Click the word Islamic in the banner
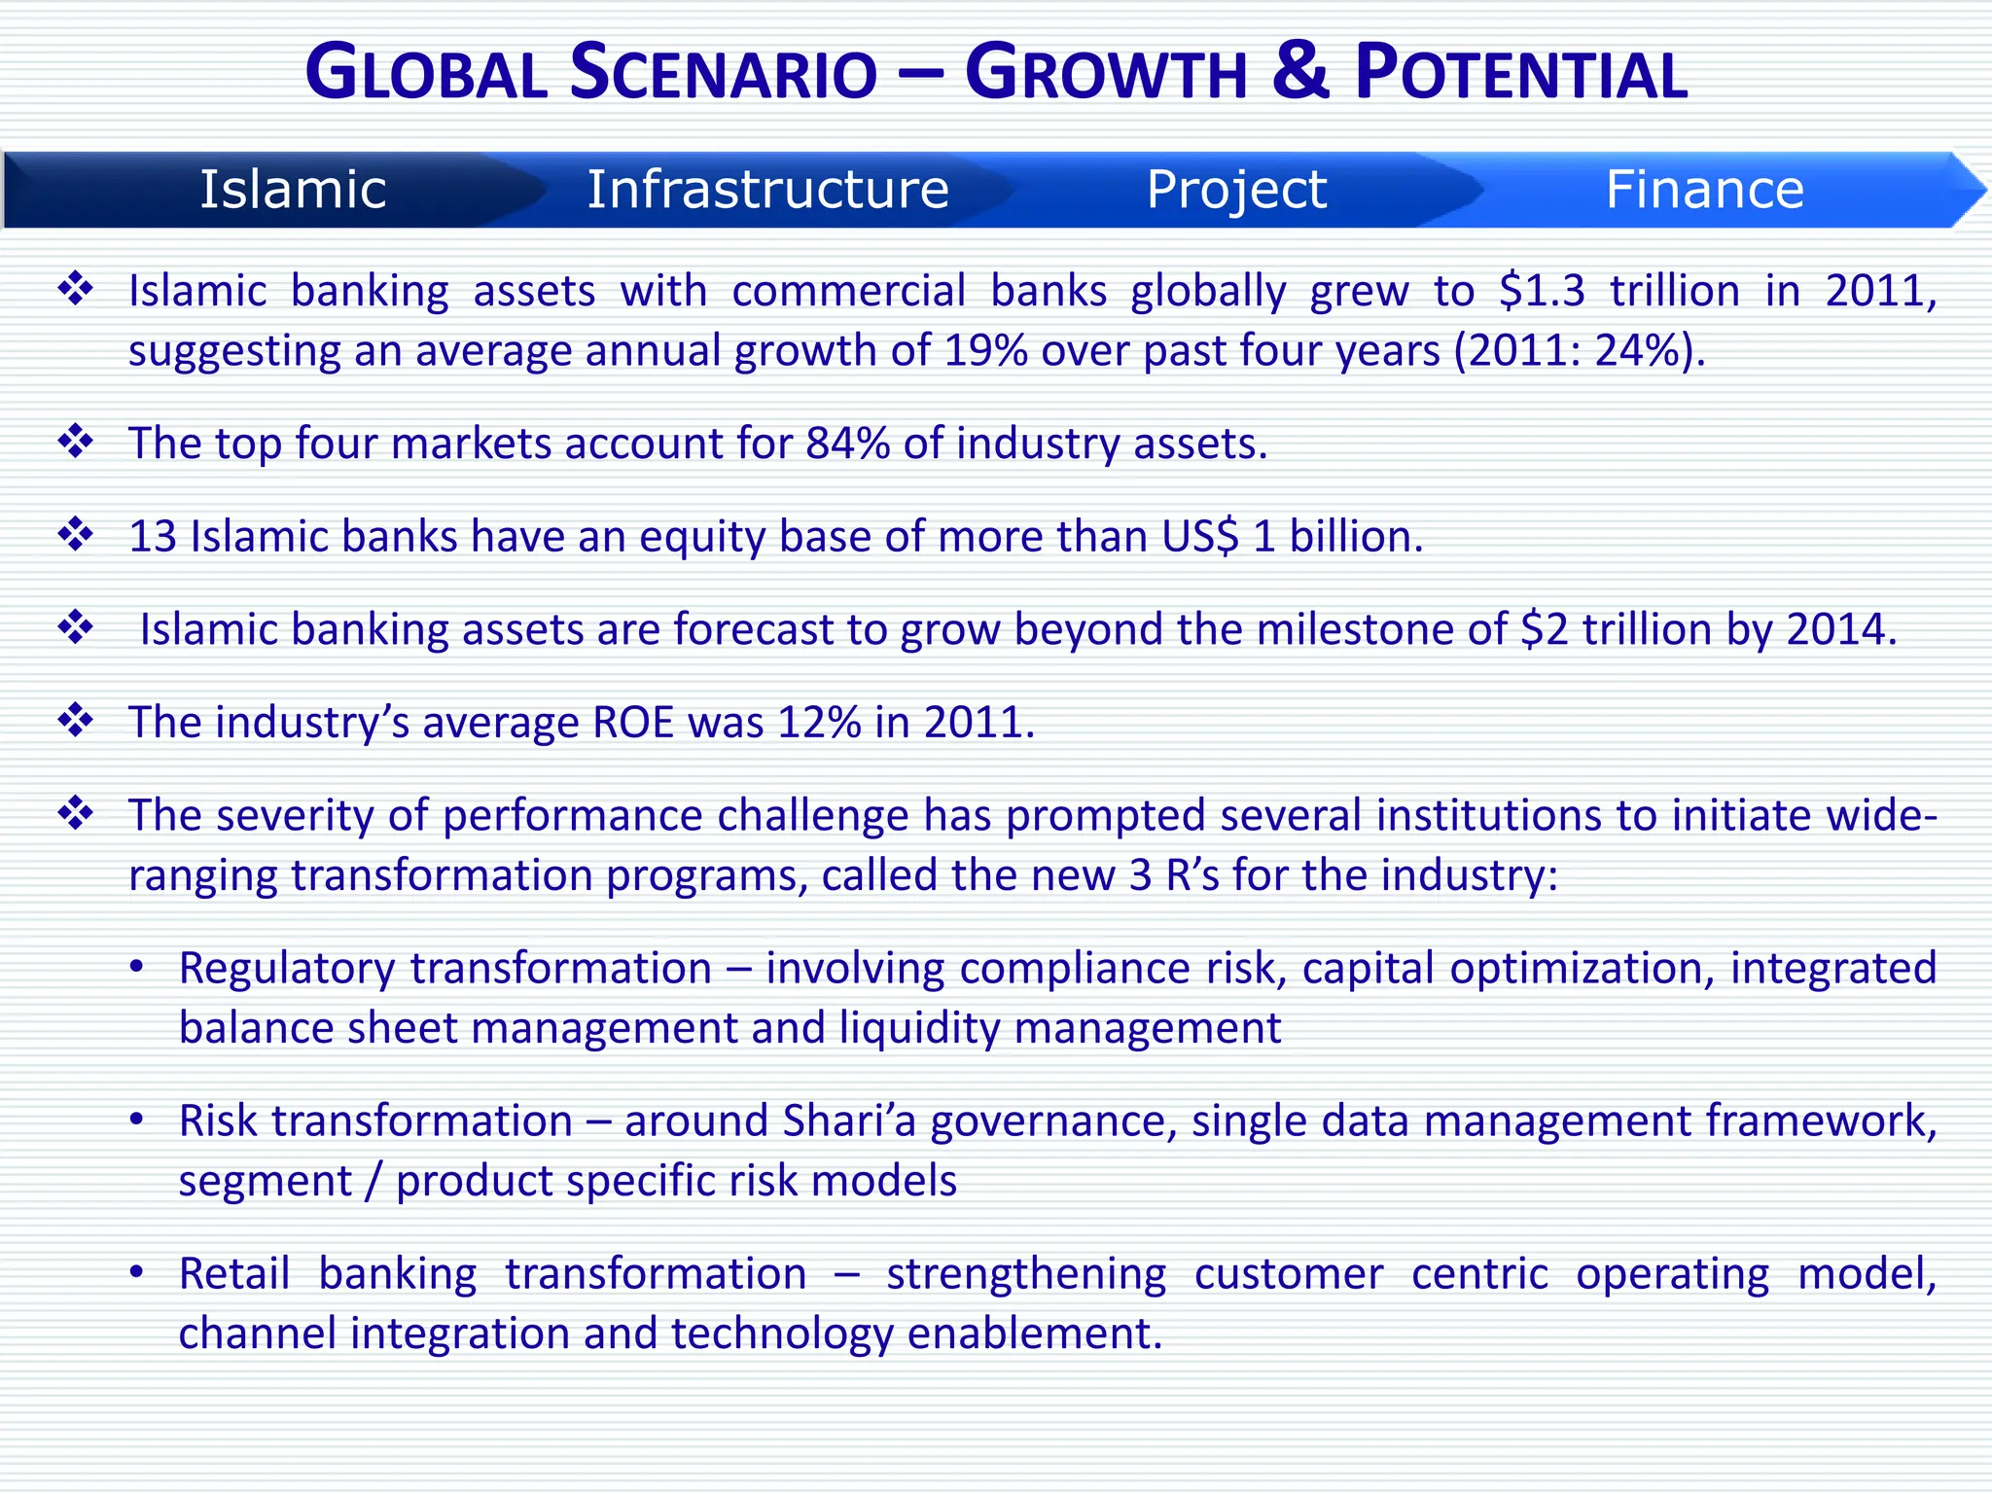pyautogui.click(x=293, y=189)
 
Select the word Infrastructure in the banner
pyautogui.click(x=767, y=189)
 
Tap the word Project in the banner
pyautogui.click(x=1236, y=189)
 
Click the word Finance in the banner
pyautogui.click(x=1704, y=189)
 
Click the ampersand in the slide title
pyautogui.click(x=1299, y=72)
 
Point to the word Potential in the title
pyautogui.click(x=1521, y=74)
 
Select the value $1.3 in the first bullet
pyautogui.click(x=1542, y=290)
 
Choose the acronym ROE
pyautogui.click(x=633, y=723)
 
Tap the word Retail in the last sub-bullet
pyautogui.click(x=234, y=1273)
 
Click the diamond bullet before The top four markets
pyautogui.click(x=76, y=442)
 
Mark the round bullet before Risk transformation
pyautogui.click(x=137, y=1120)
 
